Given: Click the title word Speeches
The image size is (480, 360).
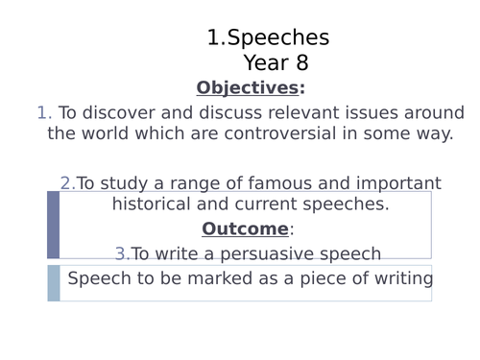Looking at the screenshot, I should [x=278, y=38].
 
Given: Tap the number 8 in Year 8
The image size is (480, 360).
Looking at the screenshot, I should [x=301, y=64].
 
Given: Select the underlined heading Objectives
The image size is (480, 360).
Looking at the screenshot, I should [x=247, y=88].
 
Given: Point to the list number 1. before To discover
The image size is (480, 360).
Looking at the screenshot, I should [x=44, y=113].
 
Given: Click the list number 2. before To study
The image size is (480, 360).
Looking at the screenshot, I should [x=67, y=183].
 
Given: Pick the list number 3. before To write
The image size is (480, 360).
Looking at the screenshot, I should [x=122, y=253].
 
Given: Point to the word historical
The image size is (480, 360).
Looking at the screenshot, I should [x=156, y=204].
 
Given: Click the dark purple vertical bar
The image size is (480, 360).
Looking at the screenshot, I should [x=53, y=225].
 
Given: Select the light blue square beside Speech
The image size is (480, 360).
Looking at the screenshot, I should [x=54, y=282].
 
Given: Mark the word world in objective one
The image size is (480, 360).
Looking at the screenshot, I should [x=114, y=133].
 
